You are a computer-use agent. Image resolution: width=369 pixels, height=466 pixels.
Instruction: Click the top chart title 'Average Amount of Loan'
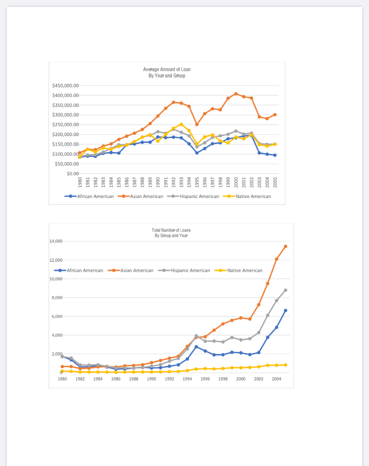click(167, 70)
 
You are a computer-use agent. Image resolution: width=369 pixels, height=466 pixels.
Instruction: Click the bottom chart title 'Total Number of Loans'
click(171, 230)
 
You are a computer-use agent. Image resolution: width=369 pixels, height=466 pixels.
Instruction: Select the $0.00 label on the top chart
click(73, 174)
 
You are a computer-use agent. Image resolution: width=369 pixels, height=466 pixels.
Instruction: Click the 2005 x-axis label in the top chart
click(275, 181)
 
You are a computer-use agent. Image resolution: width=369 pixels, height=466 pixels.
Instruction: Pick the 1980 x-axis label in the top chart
click(80, 181)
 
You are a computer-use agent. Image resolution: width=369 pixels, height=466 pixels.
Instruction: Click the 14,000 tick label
click(56, 241)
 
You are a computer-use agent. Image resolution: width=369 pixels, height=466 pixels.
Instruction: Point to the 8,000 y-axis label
click(58, 298)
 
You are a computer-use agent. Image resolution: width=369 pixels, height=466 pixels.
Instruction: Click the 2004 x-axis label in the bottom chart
click(276, 379)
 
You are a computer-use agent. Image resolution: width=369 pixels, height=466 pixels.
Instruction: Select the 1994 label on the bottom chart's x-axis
click(187, 379)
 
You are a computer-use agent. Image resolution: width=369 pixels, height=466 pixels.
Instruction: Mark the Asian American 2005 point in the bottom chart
click(285, 246)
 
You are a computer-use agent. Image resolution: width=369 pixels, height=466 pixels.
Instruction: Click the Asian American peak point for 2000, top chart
click(236, 94)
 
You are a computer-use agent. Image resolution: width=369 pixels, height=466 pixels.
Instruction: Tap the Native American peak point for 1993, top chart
click(181, 124)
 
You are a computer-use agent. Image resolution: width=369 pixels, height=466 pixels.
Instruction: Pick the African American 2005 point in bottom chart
click(285, 310)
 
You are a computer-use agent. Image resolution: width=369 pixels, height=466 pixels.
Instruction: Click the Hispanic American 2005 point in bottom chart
click(285, 290)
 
